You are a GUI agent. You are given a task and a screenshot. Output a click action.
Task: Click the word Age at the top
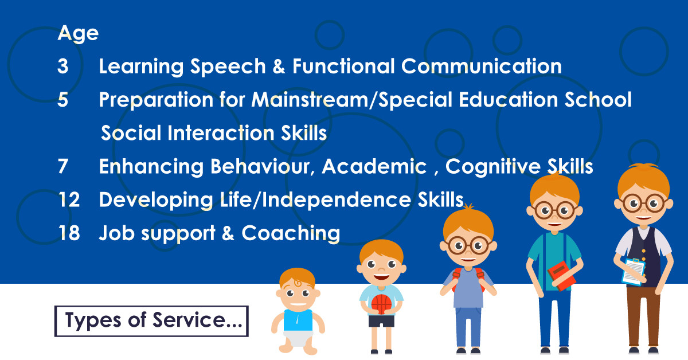point(78,34)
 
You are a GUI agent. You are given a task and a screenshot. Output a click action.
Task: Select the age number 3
point(62,67)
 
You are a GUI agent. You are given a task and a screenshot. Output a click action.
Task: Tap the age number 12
point(68,200)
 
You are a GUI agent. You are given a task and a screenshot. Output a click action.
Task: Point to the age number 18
point(68,233)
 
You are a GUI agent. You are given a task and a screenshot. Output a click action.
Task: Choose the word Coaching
point(291,233)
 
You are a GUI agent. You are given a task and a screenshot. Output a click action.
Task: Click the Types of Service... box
point(151,320)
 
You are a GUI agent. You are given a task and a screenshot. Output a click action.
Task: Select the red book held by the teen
point(562,276)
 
